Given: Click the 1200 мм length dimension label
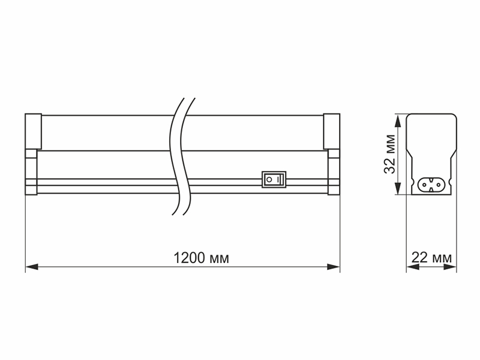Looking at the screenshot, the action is click(201, 258).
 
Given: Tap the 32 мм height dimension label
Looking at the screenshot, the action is click(389, 154).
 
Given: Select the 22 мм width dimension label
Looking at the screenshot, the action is click(431, 257).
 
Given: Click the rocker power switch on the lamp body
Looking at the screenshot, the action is click(274, 179).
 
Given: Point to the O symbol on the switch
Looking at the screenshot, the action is click(269, 179).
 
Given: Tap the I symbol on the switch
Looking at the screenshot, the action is click(278, 179).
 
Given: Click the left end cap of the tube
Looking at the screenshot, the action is click(33, 131).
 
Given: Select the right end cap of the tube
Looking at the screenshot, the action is click(332, 131).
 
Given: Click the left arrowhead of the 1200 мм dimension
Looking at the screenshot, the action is click(32, 267).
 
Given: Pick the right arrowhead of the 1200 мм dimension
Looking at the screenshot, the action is click(334, 267).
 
